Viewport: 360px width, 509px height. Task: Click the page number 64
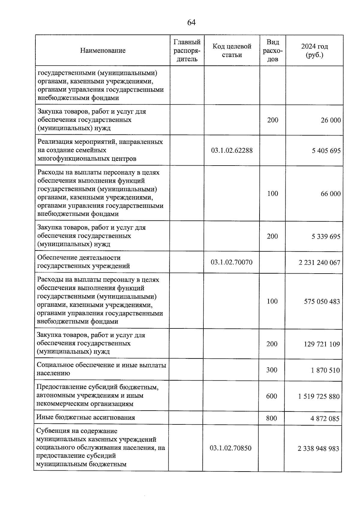click(x=191, y=22)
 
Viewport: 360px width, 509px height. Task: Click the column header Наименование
click(x=103, y=50)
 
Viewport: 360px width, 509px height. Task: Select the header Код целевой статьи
click(x=232, y=50)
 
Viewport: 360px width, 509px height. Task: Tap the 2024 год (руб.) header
click(x=314, y=50)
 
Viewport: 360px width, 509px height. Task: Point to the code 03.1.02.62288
click(x=232, y=150)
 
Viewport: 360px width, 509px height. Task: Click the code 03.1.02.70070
click(x=231, y=262)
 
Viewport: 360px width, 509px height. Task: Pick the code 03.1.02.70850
click(x=230, y=448)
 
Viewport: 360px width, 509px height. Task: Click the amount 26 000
click(x=331, y=120)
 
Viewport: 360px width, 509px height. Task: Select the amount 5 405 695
click(x=326, y=151)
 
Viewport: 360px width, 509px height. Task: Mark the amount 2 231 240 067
click(x=319, y=263)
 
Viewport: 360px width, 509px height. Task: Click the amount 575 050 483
click(x=322, y=301)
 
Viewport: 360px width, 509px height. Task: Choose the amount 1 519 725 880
click(x=319, y=397)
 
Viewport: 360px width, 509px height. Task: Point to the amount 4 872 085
click(x=325, y=418)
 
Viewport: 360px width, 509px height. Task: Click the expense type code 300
click(x=272, y=370)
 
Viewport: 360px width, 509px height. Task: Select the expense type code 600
click(x=271, y=396)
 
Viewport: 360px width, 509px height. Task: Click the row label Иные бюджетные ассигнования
click(x=85, y=418)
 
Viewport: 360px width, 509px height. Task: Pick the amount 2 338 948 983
click(x=318, y=449)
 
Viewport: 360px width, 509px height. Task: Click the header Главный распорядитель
click(x=187, y=50)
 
